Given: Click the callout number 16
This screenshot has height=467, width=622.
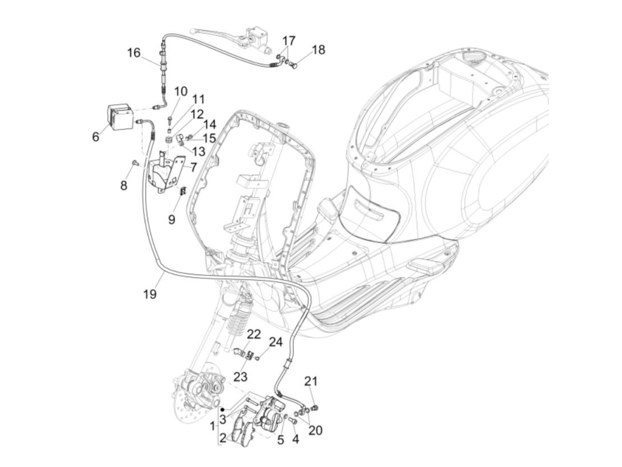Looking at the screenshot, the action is point(134,53).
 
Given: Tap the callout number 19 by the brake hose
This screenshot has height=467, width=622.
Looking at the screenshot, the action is point(150,294).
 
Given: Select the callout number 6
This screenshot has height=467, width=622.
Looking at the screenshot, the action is point(96,137).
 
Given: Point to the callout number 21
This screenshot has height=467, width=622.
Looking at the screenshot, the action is point(311,381).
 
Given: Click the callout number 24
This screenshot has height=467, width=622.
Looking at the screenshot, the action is point(276,342).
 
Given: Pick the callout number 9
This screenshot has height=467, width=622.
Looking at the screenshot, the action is point(172,219).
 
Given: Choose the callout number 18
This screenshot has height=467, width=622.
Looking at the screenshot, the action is point(319,50).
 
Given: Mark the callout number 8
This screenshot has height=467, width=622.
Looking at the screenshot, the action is point(124,186).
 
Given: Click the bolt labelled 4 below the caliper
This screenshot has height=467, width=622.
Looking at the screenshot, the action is point(293,429).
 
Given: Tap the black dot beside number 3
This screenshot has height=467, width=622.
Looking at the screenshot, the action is point(223,410).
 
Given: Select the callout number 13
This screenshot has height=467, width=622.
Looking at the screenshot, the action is point(199,151).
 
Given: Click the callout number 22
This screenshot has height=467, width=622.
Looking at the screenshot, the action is point(254,335).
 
